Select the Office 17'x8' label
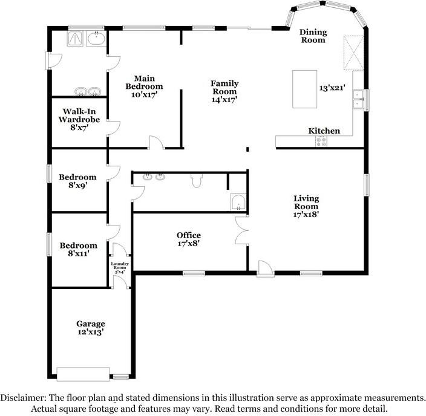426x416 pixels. point(189,239)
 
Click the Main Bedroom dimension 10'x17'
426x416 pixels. point(144,95)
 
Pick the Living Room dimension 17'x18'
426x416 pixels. point(306,214)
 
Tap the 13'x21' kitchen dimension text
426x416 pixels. point(332,88)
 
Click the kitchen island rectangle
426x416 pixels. point(304,89)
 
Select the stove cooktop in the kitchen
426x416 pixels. point(321,141)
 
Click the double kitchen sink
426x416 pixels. point(358,99)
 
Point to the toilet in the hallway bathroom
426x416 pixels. point(197,181)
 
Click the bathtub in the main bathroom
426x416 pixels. point(96,39)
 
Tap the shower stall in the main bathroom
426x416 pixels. point(75,39)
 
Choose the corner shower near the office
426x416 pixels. point(238,202)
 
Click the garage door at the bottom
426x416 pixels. point(83,374)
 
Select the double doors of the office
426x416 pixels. point(242,230)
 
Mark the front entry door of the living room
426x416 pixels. point(266,269)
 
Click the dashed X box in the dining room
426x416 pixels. point(353,53)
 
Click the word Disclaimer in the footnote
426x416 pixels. point(23,398)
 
